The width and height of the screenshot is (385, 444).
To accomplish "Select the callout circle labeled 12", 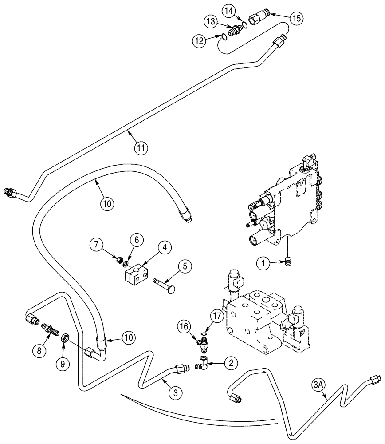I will pyautogui.click(x=200, y=40).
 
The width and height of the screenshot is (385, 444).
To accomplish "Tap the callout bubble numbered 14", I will pyautogui.click(x=240, y=9).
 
